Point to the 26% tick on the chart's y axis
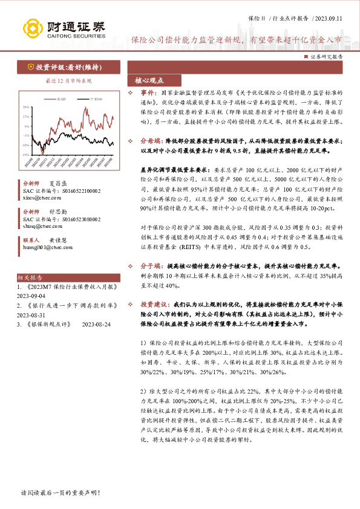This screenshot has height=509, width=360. pyautogui.click(x=27, y=108)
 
